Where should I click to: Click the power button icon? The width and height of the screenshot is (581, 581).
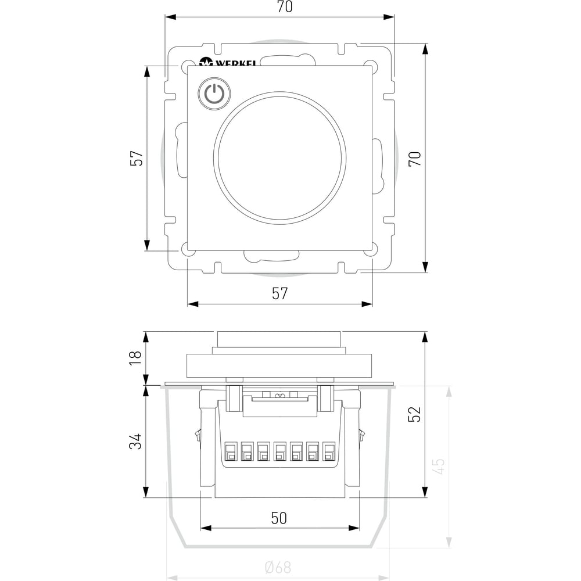(214, 94)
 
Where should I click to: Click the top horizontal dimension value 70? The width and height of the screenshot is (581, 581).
(285, 6)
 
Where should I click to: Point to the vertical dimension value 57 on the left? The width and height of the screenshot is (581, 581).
(137, 158)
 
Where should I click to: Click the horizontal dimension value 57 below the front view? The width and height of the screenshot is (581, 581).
(280, 293)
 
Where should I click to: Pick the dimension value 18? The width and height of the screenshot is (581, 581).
(135, 358)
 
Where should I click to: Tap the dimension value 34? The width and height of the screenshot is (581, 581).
(135, 442)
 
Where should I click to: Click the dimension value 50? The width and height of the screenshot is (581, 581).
(279, 518)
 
